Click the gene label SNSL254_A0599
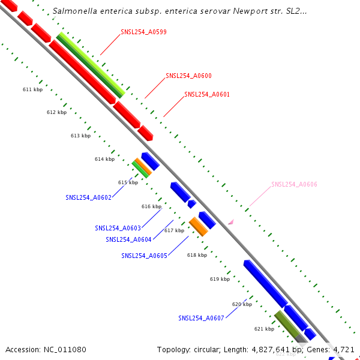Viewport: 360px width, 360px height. click(x=141, y=32)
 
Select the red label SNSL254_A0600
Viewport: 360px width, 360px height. click(x=188, y=76)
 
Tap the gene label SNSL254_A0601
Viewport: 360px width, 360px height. click(x=207, y=95)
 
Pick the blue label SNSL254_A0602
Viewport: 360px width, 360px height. click(x=88, y=197)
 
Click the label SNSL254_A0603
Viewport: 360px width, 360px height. click(x=118, y=228)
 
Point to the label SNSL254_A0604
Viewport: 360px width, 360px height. click(x=128, y=239)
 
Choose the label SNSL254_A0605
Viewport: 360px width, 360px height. click(x=144, y=256)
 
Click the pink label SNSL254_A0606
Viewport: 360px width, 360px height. click(x=294, y=184)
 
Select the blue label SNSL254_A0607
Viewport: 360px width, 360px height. click(x=201, y=318)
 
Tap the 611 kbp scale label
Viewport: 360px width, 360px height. click(x=32, y=89)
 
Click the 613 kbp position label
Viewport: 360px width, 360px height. click(x=80, y=136)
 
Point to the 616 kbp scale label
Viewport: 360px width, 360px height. click(x=151, y=206)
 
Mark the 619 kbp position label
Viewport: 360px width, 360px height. click(x=220, y=279)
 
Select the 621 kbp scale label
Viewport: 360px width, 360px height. click(x=264, y=329)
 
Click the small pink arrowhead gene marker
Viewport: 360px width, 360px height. click(x=230, y=222)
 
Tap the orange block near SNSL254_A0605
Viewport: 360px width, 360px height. click(x=199, y=226)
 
